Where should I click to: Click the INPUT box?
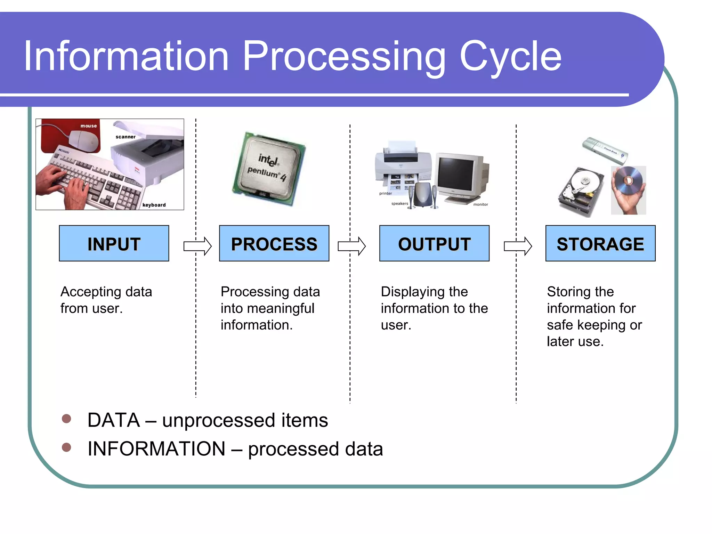114,243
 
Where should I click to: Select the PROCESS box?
274,243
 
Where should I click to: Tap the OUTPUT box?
434,243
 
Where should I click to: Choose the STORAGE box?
600,243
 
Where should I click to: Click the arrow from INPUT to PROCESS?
197,246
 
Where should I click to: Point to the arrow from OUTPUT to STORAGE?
518,246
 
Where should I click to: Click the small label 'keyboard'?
154,205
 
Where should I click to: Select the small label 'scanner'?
126,137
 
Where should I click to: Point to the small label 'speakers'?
399,204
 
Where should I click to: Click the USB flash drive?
605,151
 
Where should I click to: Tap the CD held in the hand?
628,180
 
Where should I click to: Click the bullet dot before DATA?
66,419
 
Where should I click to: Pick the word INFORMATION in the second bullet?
156,448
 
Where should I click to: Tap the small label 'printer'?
385,193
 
